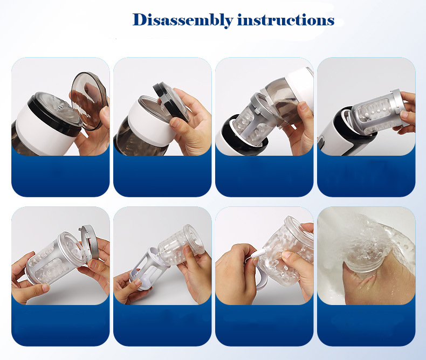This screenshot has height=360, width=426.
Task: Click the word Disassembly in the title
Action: tap(183, 20)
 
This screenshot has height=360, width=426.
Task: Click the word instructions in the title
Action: tap(286, 20)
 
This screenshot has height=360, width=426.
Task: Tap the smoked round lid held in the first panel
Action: tap(89, 100)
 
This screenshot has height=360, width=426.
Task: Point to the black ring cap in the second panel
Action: tap(170, 101)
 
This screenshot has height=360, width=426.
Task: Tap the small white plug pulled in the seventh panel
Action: tap(257, 254)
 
